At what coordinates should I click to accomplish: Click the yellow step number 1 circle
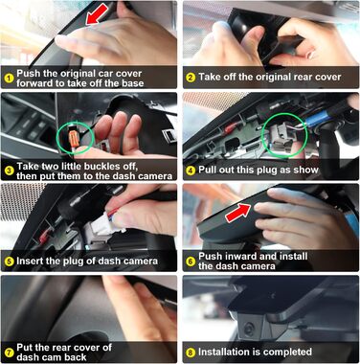tap(10, 79)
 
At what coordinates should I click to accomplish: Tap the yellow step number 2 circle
tap(191, 78)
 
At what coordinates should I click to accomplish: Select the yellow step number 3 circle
tap(10, 171)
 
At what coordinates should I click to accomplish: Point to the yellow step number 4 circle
tap(191, 171)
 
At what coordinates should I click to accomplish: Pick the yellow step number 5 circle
tap(10, 262)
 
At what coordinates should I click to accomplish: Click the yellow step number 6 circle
tap(191, 262)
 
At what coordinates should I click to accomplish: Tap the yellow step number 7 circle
tap(10, 353)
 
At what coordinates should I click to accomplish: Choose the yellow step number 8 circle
tap(191, 353)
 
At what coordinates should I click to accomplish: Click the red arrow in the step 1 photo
tap(98, 13)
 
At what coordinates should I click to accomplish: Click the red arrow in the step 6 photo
tap(238, 213)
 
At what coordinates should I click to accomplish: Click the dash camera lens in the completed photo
tap(249, 328)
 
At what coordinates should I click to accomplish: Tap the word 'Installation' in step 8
tap(224, 352)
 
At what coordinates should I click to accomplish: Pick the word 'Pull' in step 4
tap(208, 170)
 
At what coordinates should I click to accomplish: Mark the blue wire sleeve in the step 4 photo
tap(319, 119)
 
